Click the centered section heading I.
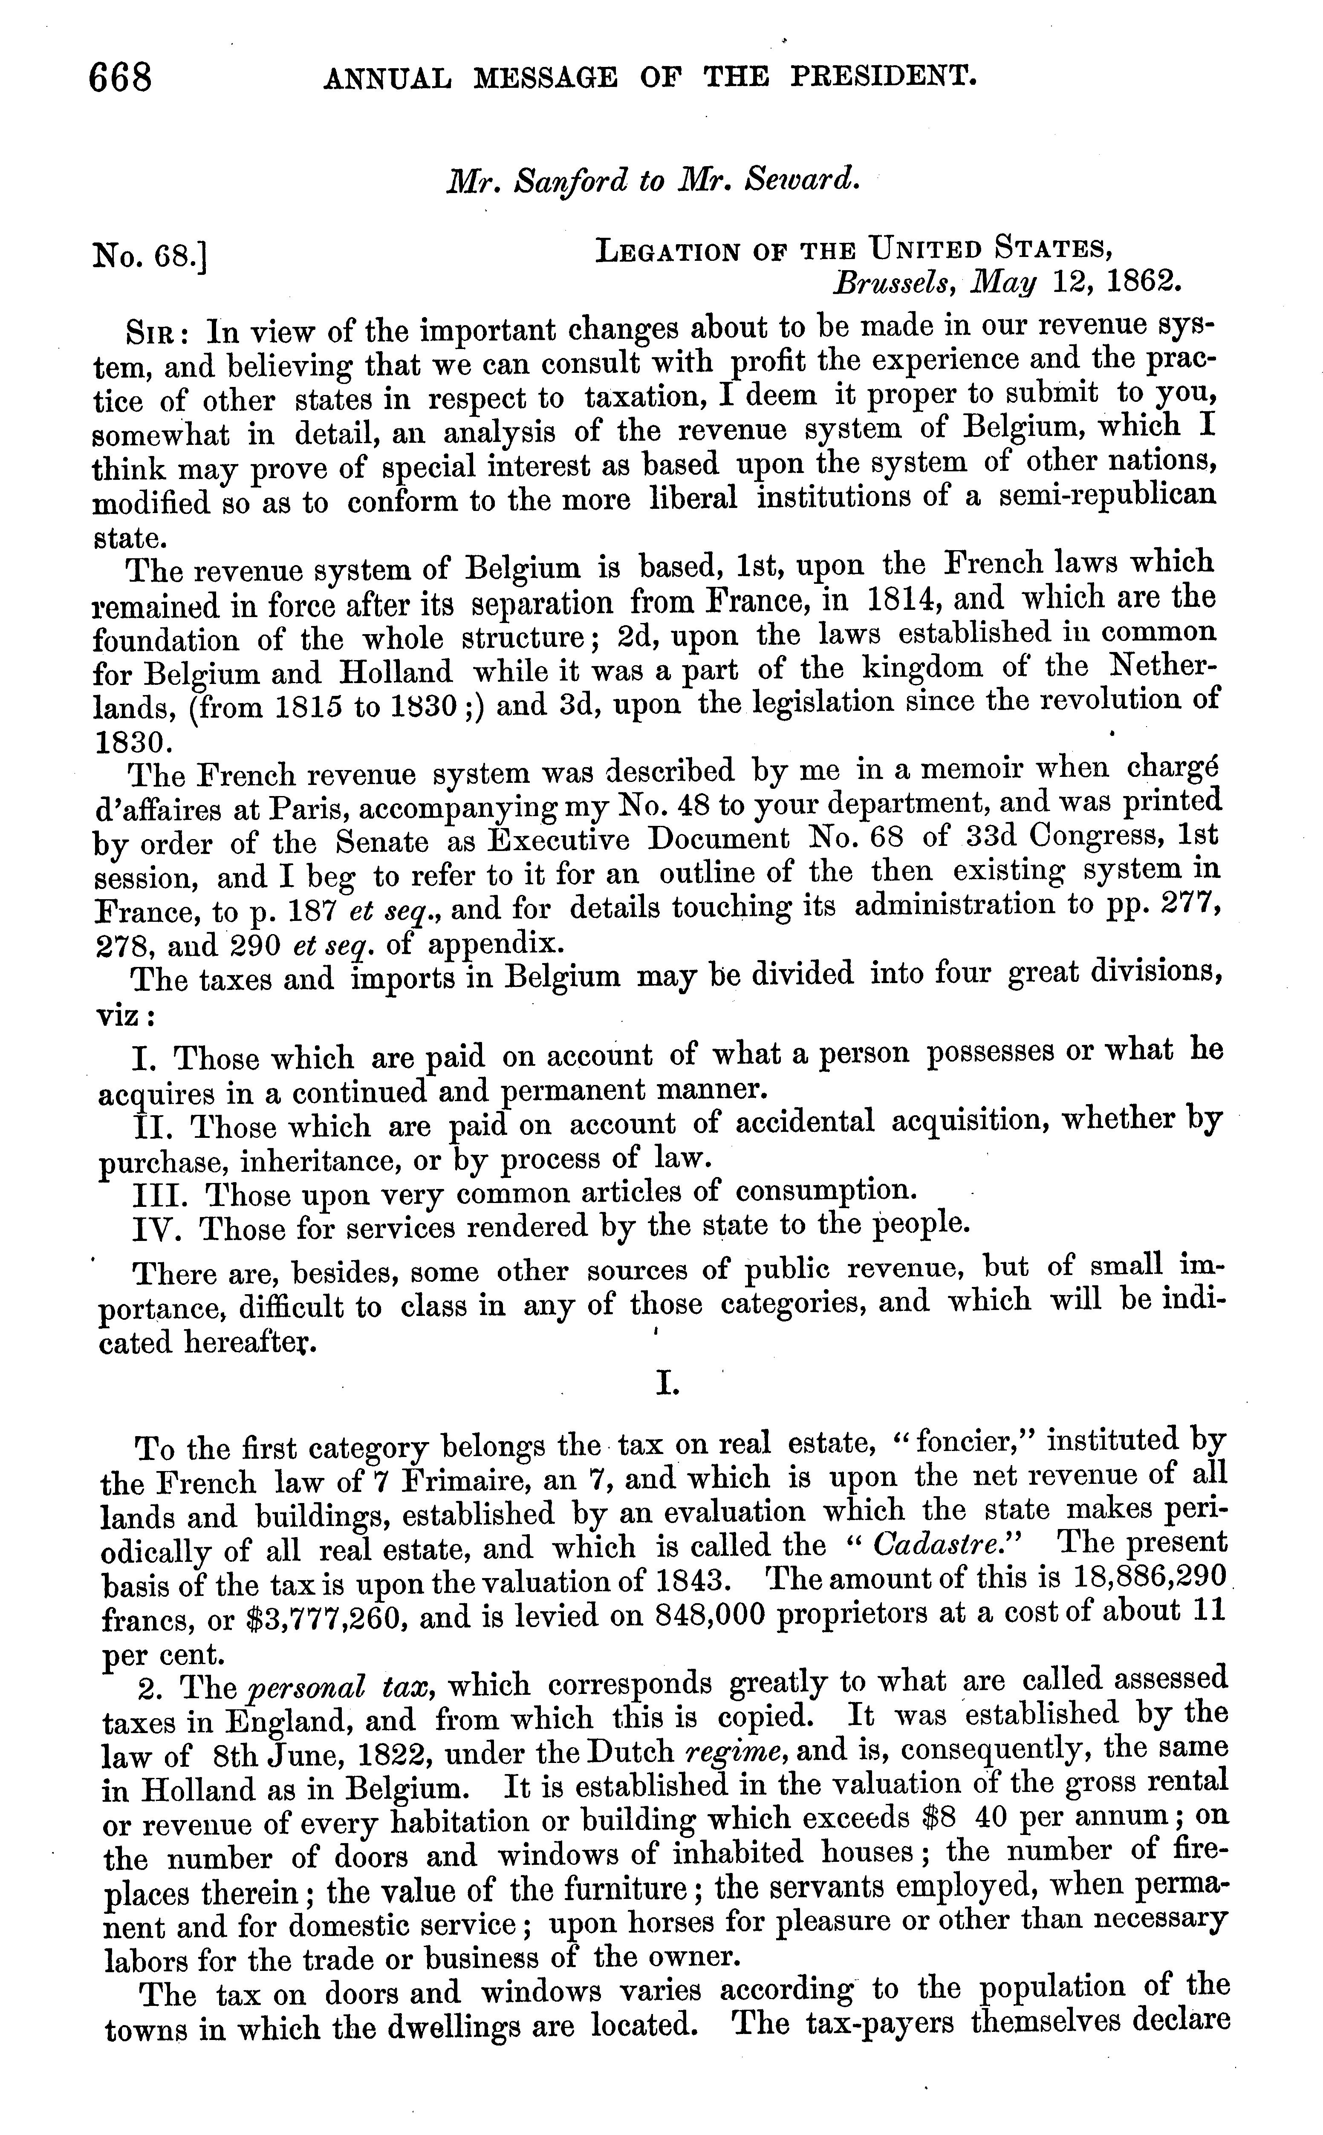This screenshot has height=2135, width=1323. click(667, 1385)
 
